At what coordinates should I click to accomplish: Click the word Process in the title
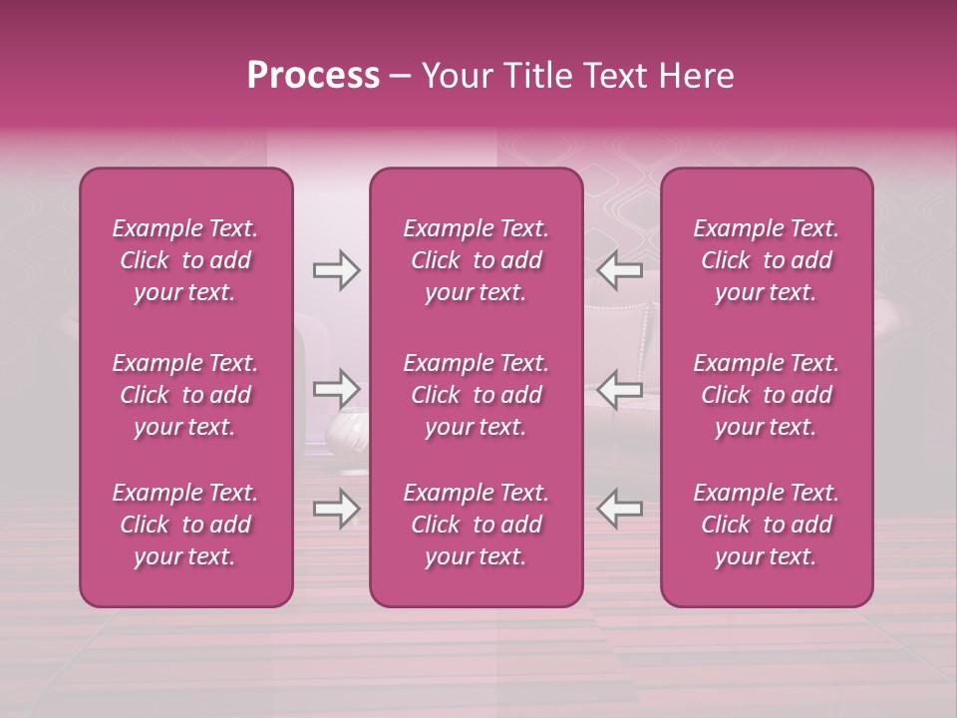[313, 76]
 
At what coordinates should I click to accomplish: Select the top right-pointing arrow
[337, 270]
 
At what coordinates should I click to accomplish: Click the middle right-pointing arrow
[337, 389]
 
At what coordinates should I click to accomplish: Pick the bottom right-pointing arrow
[337, 509]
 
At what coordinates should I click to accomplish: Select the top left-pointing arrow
[620, 270]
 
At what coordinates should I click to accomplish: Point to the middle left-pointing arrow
[620, 389]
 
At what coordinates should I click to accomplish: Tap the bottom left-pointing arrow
[620, 509]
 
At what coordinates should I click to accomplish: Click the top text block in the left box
[185, 260]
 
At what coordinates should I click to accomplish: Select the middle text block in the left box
[185, 395]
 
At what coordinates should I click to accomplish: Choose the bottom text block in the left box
[185, 525]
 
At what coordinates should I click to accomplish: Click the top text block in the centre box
[477, 260]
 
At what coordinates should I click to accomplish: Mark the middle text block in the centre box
[477, 395]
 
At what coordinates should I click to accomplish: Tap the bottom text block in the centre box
[477, 525]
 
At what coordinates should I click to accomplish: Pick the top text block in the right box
[767, 260]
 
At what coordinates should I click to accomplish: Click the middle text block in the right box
[767, 395]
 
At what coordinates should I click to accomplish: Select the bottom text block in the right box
[767, 525]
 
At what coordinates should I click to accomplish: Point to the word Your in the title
[454, 76]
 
